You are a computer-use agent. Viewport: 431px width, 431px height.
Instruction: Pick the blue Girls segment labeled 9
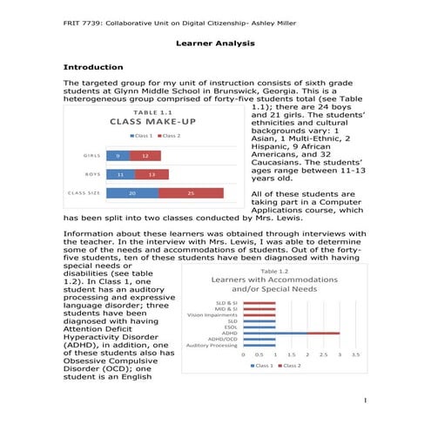[x=118, y=156]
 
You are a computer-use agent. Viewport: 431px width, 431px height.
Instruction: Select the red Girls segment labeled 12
[x=145, y=156]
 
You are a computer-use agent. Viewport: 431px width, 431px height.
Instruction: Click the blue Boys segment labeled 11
[x=120, y=174]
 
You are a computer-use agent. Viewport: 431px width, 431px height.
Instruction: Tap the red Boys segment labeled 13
[x=152, y=174]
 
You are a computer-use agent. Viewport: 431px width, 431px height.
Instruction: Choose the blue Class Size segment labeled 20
[x=131, y=192]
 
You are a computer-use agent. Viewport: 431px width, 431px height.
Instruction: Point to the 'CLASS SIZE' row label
[x=84, y=192]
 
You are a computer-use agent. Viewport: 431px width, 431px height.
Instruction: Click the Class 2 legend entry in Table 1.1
[x=169, y=136]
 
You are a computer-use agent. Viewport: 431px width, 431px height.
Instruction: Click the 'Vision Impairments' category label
[x=214, y=313]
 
